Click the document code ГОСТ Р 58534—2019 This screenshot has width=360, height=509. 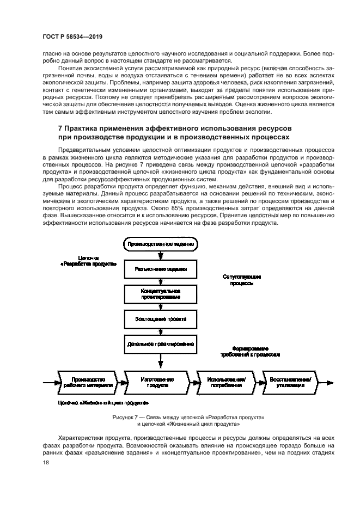pos(72,36)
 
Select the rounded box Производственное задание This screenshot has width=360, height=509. pos(161,244)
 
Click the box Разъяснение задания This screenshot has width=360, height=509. pos(161,269)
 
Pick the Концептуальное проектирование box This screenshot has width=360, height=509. pos(161,294)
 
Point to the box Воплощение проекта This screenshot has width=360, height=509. pos(161,319)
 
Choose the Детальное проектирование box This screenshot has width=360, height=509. pos(161,344)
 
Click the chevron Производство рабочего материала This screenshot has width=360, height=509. pos(89,382)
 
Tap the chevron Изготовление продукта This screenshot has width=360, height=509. pos(157,382)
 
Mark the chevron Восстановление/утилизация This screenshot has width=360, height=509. pos(290,382)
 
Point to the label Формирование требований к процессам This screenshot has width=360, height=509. pos(251,352)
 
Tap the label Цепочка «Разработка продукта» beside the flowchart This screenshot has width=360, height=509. pos(89,261)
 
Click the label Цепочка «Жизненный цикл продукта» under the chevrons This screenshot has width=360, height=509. pos(103,403)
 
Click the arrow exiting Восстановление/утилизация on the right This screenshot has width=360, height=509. pos(326,382)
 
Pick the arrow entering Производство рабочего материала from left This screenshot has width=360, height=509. pos(52,382)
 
